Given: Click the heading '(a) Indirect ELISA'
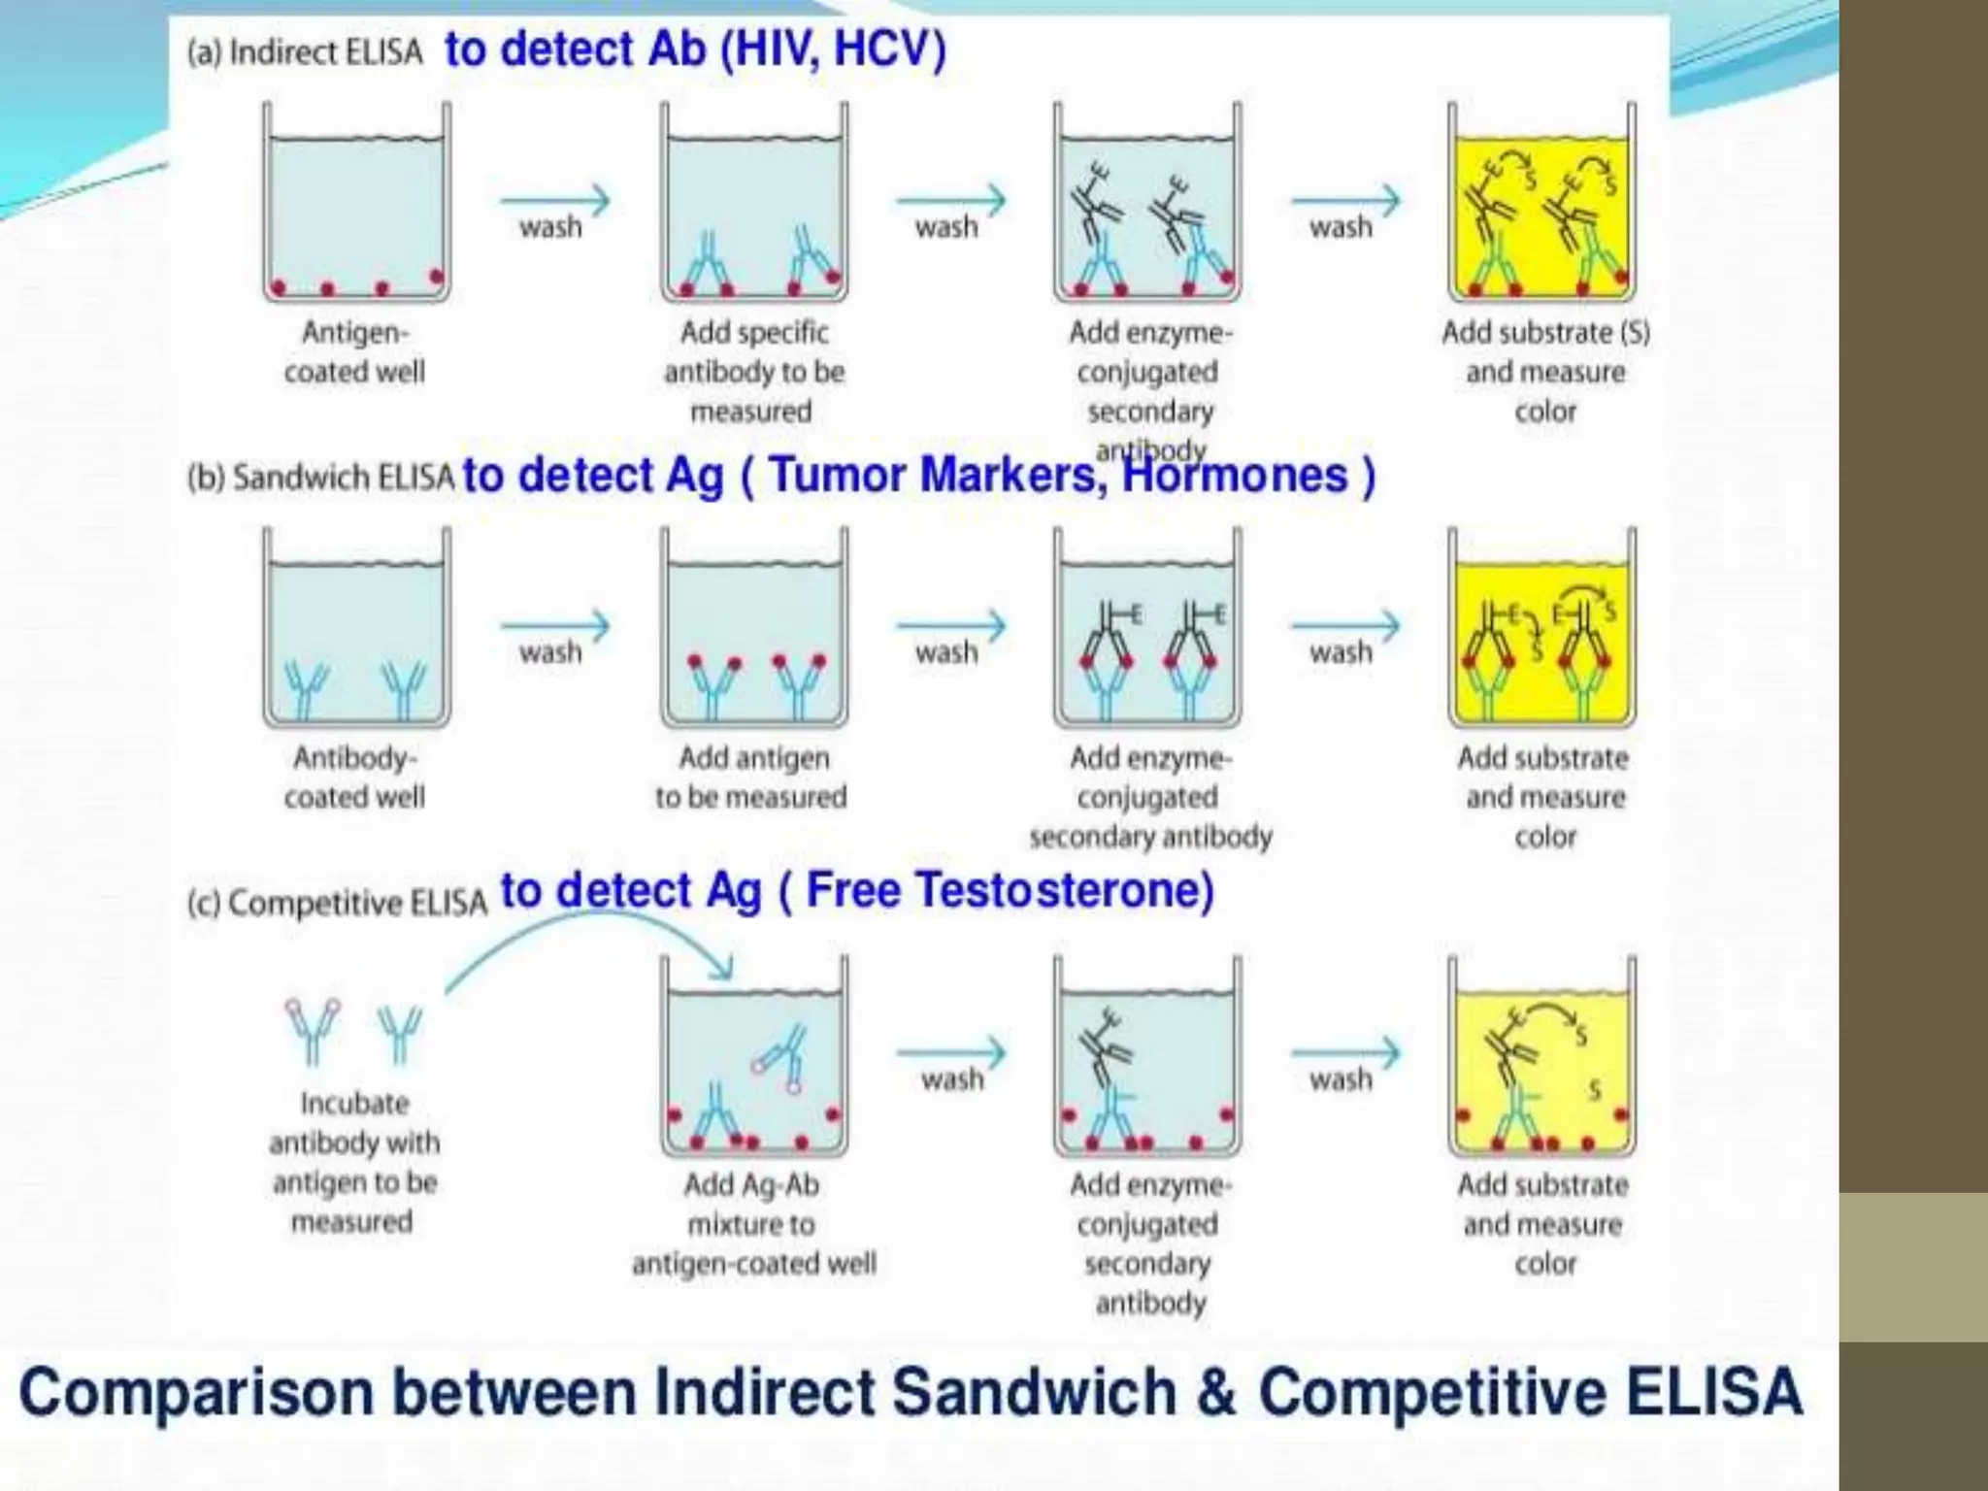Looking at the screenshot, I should [x=305, y=52].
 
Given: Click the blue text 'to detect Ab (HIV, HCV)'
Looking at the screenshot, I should [x=695, y=49].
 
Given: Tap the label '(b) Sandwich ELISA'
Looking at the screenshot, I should [x=320, y=478].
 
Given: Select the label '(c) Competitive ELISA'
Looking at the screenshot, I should [x=337, y=903].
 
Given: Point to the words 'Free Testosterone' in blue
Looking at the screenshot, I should [x=1010, y=890].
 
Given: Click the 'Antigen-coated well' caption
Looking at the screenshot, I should [x=355, y=351].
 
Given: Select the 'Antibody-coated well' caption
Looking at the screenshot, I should [x=355, y=777].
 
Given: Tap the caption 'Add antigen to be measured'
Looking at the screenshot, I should [x=751, y=777].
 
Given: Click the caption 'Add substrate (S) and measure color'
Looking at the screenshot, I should [x=1545, y=371].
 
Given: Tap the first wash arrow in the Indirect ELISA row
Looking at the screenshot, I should [x=555, y=202].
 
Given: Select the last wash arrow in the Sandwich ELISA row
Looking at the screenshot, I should [x=1345, y=627].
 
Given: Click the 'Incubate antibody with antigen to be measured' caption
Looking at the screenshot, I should [x=354, y=1161].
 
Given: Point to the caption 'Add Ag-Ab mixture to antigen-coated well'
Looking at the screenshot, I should [x=753, y=1223].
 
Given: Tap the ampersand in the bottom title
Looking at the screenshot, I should [x=1217, y=1392].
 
